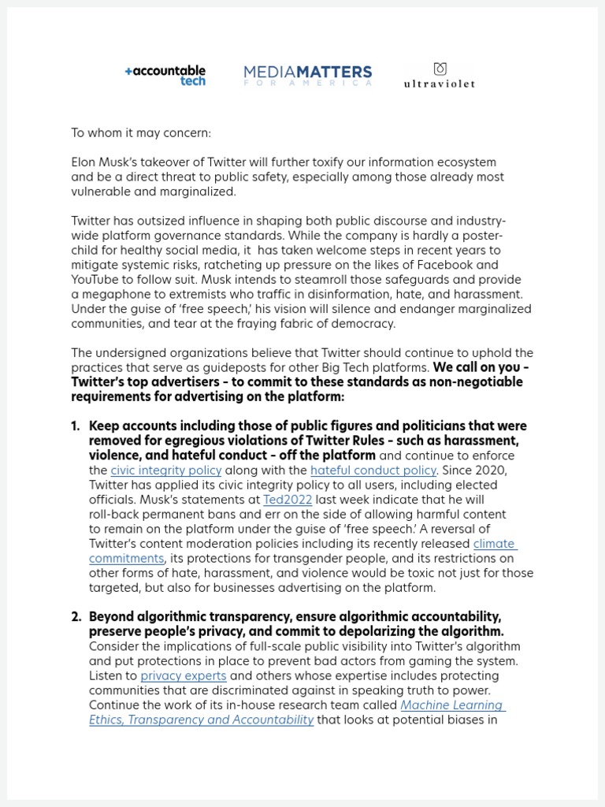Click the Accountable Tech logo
(x=165, y=76)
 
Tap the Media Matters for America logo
(x=307, y=76)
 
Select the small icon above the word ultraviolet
(x=440, y=69)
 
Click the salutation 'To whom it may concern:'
(x=141, y=133)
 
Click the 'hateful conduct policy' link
(x=373, y=470)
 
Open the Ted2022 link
(x=288, y=500)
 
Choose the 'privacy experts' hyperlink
(x=183, y=676)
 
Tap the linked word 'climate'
(x=494, y=544)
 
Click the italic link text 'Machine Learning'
(x=452, y=705)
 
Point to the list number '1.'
(x=76, y=426)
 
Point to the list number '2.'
(x=76, y=617)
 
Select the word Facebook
(x=472, y=265)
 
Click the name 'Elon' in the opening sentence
(x=84, y=162)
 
